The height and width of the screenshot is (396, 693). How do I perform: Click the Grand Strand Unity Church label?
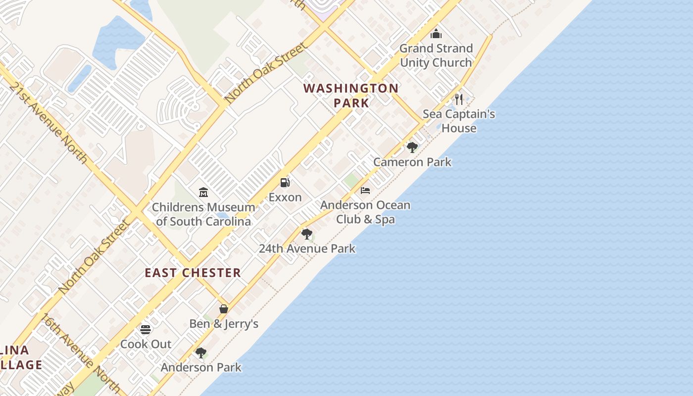[436, 55]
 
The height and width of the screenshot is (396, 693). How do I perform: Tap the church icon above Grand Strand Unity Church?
[436, 34]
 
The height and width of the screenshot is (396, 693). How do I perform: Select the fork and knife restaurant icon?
[459, 99]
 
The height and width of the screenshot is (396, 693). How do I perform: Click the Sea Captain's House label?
[459, 121]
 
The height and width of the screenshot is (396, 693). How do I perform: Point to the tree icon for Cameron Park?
[412, 147]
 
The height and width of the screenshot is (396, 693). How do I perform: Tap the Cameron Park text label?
[412, 162]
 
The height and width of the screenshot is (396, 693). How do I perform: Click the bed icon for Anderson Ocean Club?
[365, 190]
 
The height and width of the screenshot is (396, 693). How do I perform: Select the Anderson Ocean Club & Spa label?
[365, 212]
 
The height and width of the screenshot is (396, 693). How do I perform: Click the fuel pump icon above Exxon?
[285, 183]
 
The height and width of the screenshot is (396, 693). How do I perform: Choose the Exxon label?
[285, 198]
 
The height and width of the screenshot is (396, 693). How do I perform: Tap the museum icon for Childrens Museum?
[203, 192]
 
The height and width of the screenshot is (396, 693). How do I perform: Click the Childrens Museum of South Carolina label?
[203, 214]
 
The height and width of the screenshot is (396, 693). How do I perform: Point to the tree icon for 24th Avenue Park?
[307, 234]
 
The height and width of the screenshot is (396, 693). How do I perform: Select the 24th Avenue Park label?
[307, 248]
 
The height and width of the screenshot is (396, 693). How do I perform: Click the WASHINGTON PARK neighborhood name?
[351, 96]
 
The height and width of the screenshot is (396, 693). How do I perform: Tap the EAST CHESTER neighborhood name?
[193, 273]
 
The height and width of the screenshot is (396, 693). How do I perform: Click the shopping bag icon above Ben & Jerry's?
[224, 309]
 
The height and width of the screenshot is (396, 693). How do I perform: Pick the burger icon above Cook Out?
[146, 329]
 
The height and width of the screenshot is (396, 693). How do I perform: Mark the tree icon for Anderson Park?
[200, 352]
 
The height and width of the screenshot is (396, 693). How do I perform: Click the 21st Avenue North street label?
[48, 122]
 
